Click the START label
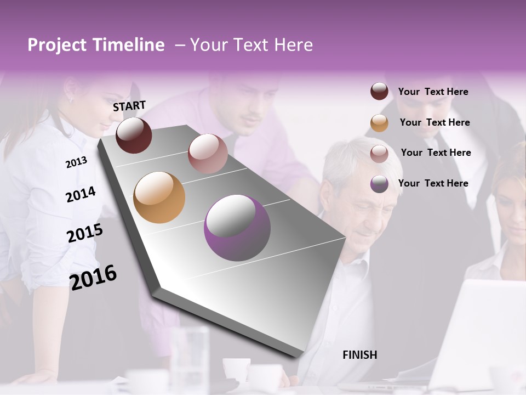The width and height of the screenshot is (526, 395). click(x=129, y=106)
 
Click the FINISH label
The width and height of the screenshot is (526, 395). click(x=359, y=355)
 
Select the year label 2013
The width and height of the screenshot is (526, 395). click(x=76, y=162)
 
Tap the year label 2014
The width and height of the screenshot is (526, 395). click(x=81, y=194)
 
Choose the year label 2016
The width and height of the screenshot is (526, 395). click(x=93, y=277)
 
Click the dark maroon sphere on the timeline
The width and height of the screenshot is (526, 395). click(x=134, y=135)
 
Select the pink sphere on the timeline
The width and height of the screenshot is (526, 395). click(x=208, y=154)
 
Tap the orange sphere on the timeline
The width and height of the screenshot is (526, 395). click(x=159, y=198)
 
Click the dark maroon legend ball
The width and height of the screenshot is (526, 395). click(x=379, y=91)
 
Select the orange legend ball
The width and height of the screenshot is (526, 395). click(x=379, y=123)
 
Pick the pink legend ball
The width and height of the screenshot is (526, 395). click(x=379, y=153)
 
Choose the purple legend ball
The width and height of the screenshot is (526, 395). click(x=379, y=184)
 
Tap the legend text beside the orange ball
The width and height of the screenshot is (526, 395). click(x=435, y=122)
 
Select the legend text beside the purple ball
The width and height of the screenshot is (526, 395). click(x=433, y=183)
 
